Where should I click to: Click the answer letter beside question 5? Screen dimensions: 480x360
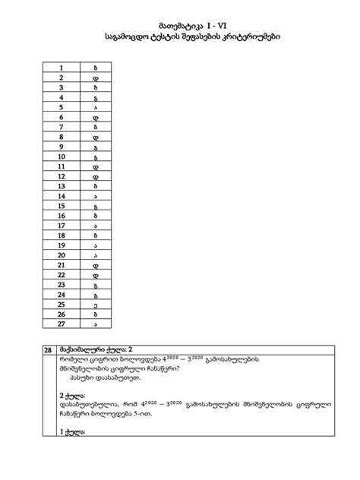pyautogui.click(x=96, y=108)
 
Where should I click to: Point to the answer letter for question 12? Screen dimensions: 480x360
pyautogui.click(x=96, y=176)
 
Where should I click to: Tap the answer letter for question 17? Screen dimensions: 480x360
pyautogui.click(x=96, y=226)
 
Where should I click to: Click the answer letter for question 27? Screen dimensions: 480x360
pyautogui.click(x=96, y=324)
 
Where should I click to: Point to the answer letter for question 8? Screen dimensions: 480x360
pyautogui.click(x=96, y=137)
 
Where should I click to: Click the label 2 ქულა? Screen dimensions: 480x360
pyautogui.click(x=72, y=395)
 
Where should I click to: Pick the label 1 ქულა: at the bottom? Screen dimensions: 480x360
pyautogui.click(x=72, y=432)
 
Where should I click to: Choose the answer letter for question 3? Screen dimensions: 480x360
pyautogui.click(x=96, y=87)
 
